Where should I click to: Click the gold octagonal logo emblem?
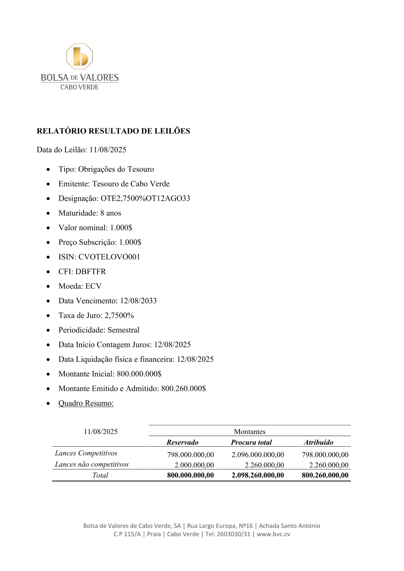click(x=80, y=57)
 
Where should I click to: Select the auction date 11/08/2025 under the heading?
click(x=108, y=150)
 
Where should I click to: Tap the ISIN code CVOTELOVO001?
click(x=109, y=257)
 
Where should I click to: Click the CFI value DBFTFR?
click(x=90, y=271)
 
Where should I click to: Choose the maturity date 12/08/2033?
click(x=138, y=301)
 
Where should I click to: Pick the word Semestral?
click(x=123, y=330)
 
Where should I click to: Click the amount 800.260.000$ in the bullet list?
click(x=183, y=388)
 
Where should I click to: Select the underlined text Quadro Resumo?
click(x=86, y=403)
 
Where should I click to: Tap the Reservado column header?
click(x=183, y=443)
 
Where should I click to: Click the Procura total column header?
click(x=251, y=443)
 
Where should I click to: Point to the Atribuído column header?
click(x=318, y=443)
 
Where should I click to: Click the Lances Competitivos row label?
click(x=86, y=453)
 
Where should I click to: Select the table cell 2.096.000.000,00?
click(x=258, y=455)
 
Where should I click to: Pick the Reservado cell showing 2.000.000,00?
click(x=194, y=465)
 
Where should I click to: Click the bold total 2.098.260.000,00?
click(x=258, y=475)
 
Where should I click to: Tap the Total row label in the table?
click(x=100, y=475)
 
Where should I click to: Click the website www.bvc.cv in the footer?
click(x=274, y=534)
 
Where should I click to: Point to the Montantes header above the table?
click(x=250, y=432)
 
